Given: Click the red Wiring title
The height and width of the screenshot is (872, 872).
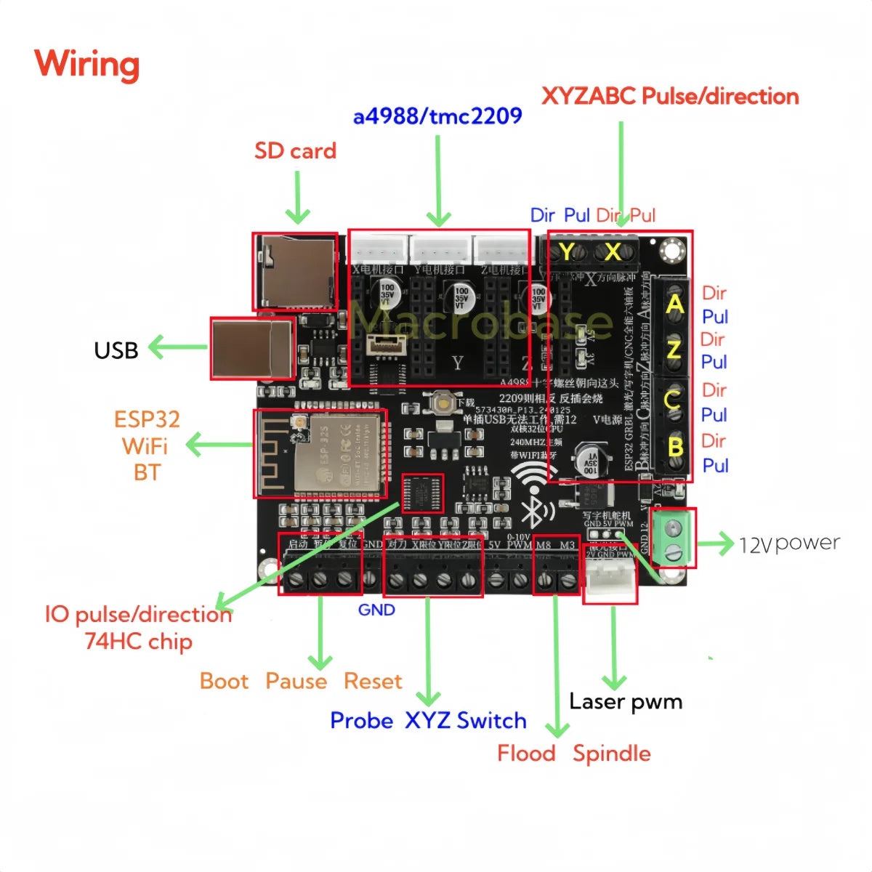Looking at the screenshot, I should pyautogui.click(x=86, y=64).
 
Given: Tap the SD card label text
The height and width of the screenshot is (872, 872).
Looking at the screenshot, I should pyautogui.click(x=295, y=151).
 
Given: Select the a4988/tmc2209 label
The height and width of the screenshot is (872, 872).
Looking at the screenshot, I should pyautogui.click(x=437, y=116).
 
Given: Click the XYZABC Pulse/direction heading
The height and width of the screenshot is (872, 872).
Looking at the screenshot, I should pyautogui.click(x=669, y=97).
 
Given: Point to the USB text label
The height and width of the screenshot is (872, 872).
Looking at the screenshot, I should pyautogui.click(x=116, y=350).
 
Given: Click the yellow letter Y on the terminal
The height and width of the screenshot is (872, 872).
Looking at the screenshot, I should pyautogui.click(x=566, y=252).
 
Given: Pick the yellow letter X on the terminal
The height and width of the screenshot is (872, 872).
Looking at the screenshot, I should pyautogui.click(x=613, y=252).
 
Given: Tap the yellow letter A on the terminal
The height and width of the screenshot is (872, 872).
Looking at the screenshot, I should pyautogui.click(x=675, y=304).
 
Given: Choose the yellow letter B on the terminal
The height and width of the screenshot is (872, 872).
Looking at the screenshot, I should pyautogui.click(x=675, y=447).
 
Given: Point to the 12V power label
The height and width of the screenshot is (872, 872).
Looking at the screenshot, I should pyautogui.click(x=789, y=544).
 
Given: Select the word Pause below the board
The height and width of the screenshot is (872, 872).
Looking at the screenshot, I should pyautogui.click(x=296, y=682).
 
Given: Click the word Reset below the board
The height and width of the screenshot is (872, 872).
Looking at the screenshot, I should pyautogui.click(x=372, y=682).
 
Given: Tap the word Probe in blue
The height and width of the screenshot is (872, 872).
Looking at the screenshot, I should pyautogui.click(x=361, y=721).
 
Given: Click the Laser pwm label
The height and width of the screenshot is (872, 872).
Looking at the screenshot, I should pyautogui.click(x=626, y=702).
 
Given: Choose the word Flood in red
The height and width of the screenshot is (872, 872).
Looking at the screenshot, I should pyautogui.click(x=526, y=754).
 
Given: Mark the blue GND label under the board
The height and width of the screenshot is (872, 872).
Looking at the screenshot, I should pyautogui.click(x=376, y=610).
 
